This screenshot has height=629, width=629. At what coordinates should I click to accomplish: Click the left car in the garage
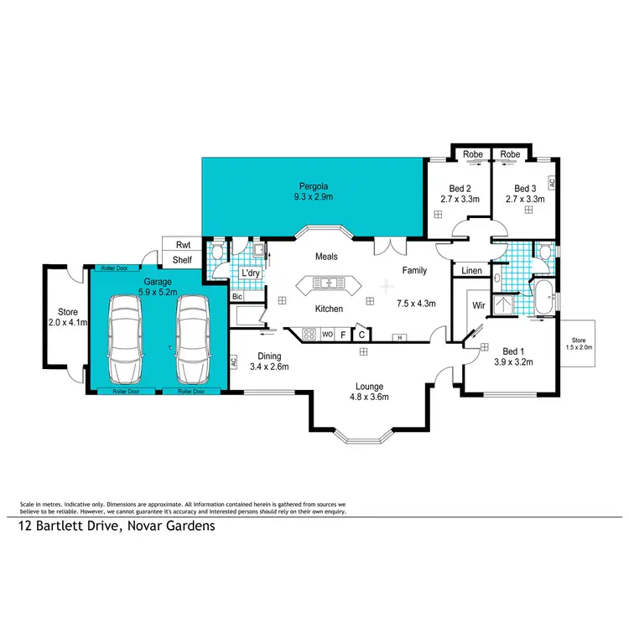(126, 343)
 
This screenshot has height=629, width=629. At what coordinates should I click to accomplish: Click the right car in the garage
(191, 343)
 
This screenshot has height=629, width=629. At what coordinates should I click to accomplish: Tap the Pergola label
(312, 186)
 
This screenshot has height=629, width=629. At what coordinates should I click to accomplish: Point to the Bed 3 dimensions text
(525, 200)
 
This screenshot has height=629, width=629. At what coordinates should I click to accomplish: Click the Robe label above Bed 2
(471, 154)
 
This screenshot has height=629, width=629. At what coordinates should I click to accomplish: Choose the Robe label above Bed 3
(510, 154)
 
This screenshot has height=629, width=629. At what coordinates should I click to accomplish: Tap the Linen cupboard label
(471, 270)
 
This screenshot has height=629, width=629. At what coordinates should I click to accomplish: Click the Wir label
(480, 305)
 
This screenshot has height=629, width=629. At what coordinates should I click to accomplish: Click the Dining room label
(269, 356)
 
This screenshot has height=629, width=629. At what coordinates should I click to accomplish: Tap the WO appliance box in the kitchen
(327, 335)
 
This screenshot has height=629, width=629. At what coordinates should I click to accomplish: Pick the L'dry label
(249, 274)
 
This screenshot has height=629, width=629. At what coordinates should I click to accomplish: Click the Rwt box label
(182, 245)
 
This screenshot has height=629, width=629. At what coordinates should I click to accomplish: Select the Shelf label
(182, 260)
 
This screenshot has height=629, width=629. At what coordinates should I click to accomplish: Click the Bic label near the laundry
(237, 297)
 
